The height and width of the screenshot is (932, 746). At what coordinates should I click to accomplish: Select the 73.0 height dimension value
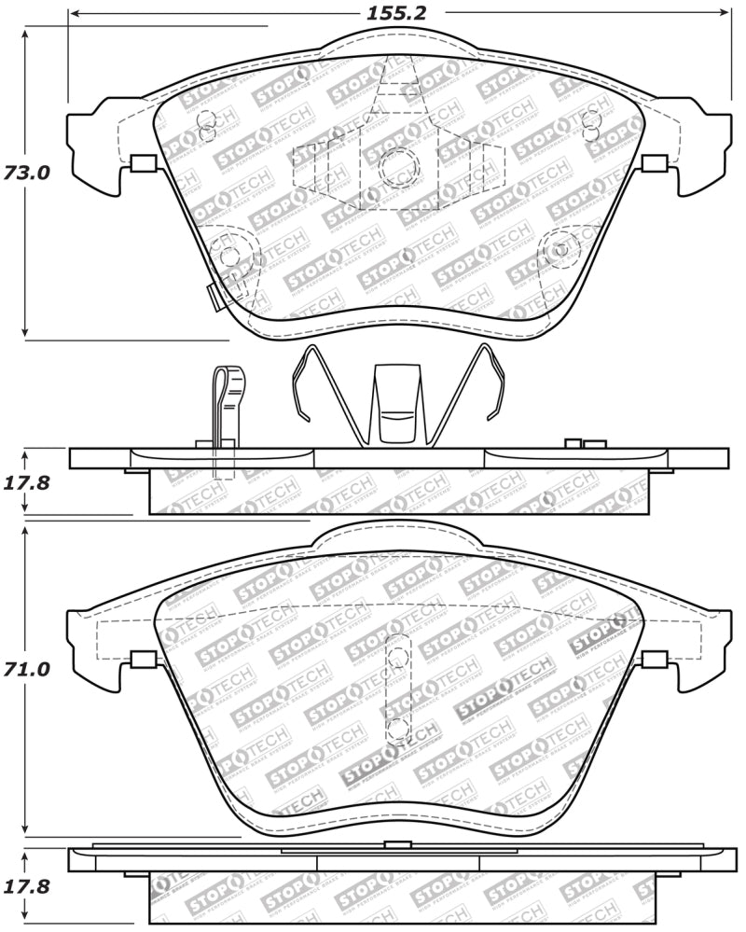[x=25, y=173]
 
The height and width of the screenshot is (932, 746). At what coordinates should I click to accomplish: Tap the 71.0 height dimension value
[x=25, y=670]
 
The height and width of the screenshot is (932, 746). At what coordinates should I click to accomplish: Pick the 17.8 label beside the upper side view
[x=25, y=483]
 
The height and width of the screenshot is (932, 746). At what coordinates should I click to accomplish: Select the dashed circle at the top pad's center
[x=399, y=166]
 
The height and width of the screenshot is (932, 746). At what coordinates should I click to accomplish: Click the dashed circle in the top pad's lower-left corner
[x=225, y=250]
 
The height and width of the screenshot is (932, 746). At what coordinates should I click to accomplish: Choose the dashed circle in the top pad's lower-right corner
[x=560, y=249]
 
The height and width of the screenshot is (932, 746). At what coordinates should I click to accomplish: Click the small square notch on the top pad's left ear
[x=143, y=164]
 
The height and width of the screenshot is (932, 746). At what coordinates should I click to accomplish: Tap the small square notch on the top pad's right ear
[x=655, y=164]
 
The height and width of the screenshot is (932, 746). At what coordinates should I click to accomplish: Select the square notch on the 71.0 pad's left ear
[x=143, y=660]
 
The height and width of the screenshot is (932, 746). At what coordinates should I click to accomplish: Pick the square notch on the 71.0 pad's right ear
[x=655, y=660]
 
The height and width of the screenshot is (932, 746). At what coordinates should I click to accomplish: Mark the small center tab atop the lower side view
[x=398, y=844]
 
